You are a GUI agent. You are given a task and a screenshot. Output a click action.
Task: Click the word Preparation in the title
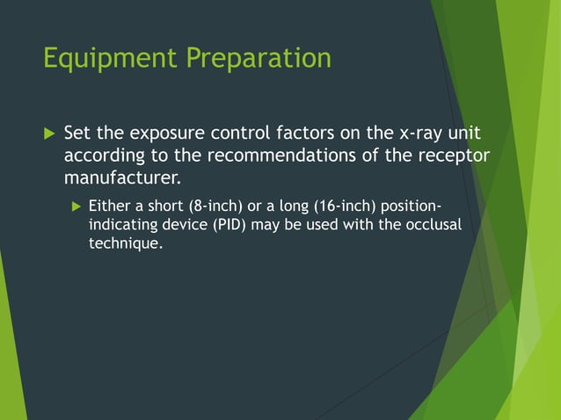click(x=259, y=58)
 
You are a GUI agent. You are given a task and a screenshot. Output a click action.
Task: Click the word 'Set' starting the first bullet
click(x=77, y=134)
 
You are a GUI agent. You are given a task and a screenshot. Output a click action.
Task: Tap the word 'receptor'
click(x=453, y=156)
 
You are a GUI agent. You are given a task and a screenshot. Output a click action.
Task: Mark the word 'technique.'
click(x=126, y=243)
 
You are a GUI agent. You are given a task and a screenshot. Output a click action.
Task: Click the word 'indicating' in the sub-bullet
click(x=122, y=226)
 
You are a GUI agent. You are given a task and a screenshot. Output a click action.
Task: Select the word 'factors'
click(x=310, y=134)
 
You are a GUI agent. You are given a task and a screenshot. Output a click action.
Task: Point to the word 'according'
click(x=100, y=156)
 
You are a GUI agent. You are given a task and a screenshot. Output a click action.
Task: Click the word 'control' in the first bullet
click(x=244, y=134)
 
